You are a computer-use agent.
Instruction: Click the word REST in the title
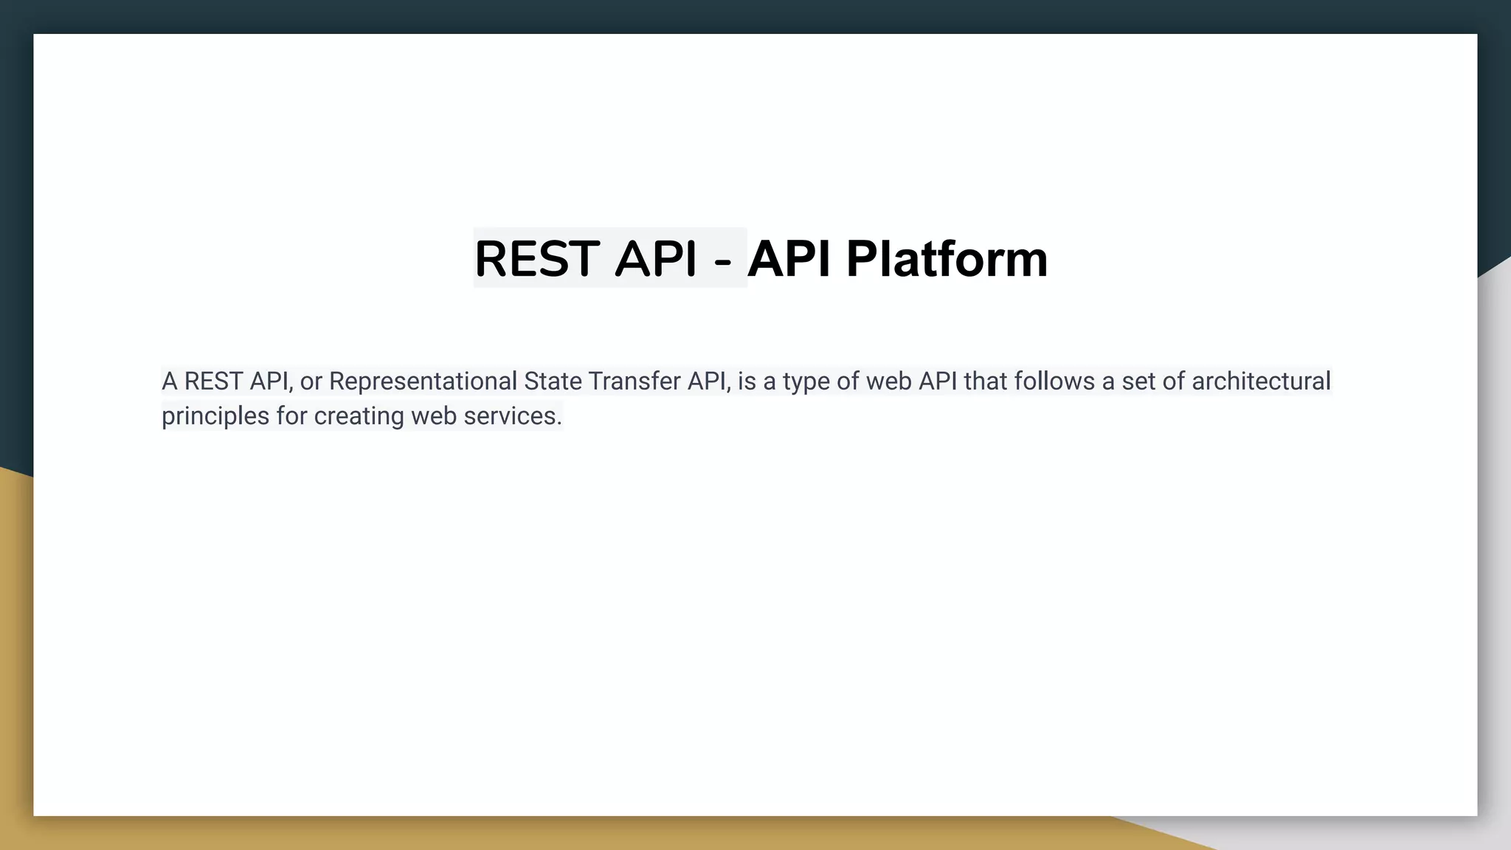pyautogui.click(x=536, y=259)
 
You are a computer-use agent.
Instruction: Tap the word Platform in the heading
pyautogui.click(x=947, y=259)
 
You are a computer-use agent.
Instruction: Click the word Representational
pyautogui.click(x=423, y=381)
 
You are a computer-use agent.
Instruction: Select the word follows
pyautogui.click(x=1054, y=381)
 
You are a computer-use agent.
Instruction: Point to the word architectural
pyautogui.click(x=1261, y=381)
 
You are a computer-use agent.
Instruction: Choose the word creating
pyautogui.click(x=359, y=417)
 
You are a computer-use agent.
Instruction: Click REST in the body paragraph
pyautogui.click(x=213, y=381)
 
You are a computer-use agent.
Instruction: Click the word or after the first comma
pyautogui.click(x=311, y=382)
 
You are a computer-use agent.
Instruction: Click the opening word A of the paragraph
pyautogui.click(x=170, y=381)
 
